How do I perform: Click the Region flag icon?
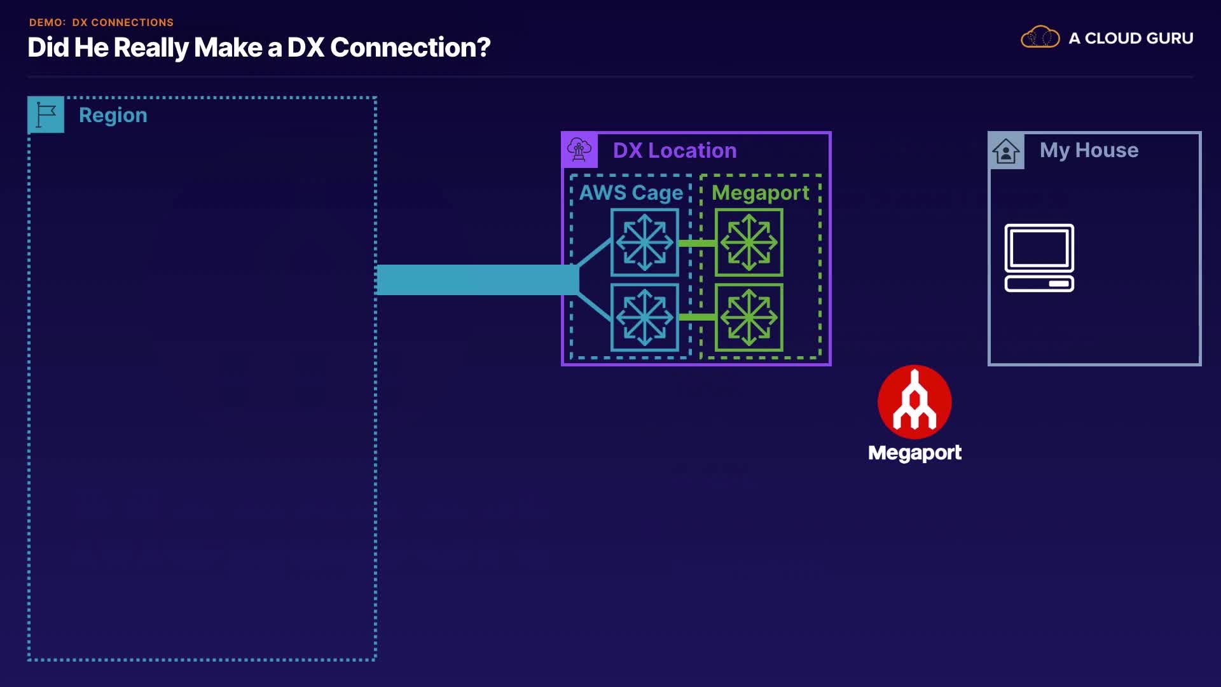[46, 114]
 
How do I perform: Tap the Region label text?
[113, 115]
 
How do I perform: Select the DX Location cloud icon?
[579, 150]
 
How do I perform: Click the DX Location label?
[675, 150]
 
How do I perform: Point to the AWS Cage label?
[631, 193]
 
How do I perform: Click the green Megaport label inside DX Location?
[760, 193]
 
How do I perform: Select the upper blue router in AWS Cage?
[645, 242]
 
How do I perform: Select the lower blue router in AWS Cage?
[645, 317]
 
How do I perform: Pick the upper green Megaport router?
[749, 242]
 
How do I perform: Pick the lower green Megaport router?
[749, 317]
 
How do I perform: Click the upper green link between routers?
[697, 243]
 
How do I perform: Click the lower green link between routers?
[697, 317]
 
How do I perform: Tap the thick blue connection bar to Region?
[478, 280]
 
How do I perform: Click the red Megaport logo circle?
[914, 402]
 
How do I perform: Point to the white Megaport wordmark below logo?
[914, 453]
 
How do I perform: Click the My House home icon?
[1006, 151]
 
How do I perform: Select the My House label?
[1089, 150]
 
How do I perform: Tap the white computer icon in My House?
[1039, 258]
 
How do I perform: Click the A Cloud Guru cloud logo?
[1040, 38]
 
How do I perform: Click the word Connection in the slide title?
[410, 47]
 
